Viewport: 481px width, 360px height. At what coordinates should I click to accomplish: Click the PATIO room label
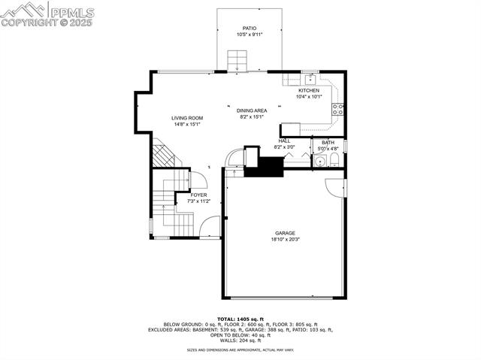pyautogui.click(x=250, y=29)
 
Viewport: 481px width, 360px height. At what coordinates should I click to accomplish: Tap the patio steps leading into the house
pyautogui.click(x=237, y=59)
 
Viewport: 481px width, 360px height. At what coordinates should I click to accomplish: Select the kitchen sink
pyautogui.click(x=309, y=77)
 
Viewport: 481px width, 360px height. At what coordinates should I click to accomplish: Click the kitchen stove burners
pyautogui.click(x=340, y=110)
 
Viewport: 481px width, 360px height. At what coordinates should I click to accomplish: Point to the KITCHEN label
pyautogui.click(x=309, y=90)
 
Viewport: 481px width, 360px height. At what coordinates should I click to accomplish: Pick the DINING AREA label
pyautogui.click(x=252, y=110)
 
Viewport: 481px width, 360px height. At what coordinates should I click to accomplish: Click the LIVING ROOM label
pyautogui.click(x=187, y=118)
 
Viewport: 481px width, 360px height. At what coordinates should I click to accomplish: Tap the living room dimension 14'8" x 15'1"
pyautogui.click(x=187, y=125)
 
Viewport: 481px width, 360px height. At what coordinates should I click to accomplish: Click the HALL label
pyautogui.click(x=283, y=141)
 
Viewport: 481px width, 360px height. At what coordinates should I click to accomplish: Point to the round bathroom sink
pyautogui.click(x=322, y=160)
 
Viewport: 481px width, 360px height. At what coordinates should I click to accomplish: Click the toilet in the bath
pyautogui.click(x=334, y=159)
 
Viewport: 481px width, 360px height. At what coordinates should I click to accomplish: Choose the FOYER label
pyautogui.click(x=198, y=195)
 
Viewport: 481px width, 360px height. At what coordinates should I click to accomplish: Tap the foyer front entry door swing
pyautogui.click(x=211, y=226)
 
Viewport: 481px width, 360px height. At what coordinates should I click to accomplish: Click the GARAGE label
pyautogui.click(x=285, y=233)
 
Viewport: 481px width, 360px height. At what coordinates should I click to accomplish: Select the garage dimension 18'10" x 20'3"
pyautogui.click(x=285, y=240)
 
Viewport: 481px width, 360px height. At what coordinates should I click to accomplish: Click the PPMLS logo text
pyautogui.click(x=71, y=12)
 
